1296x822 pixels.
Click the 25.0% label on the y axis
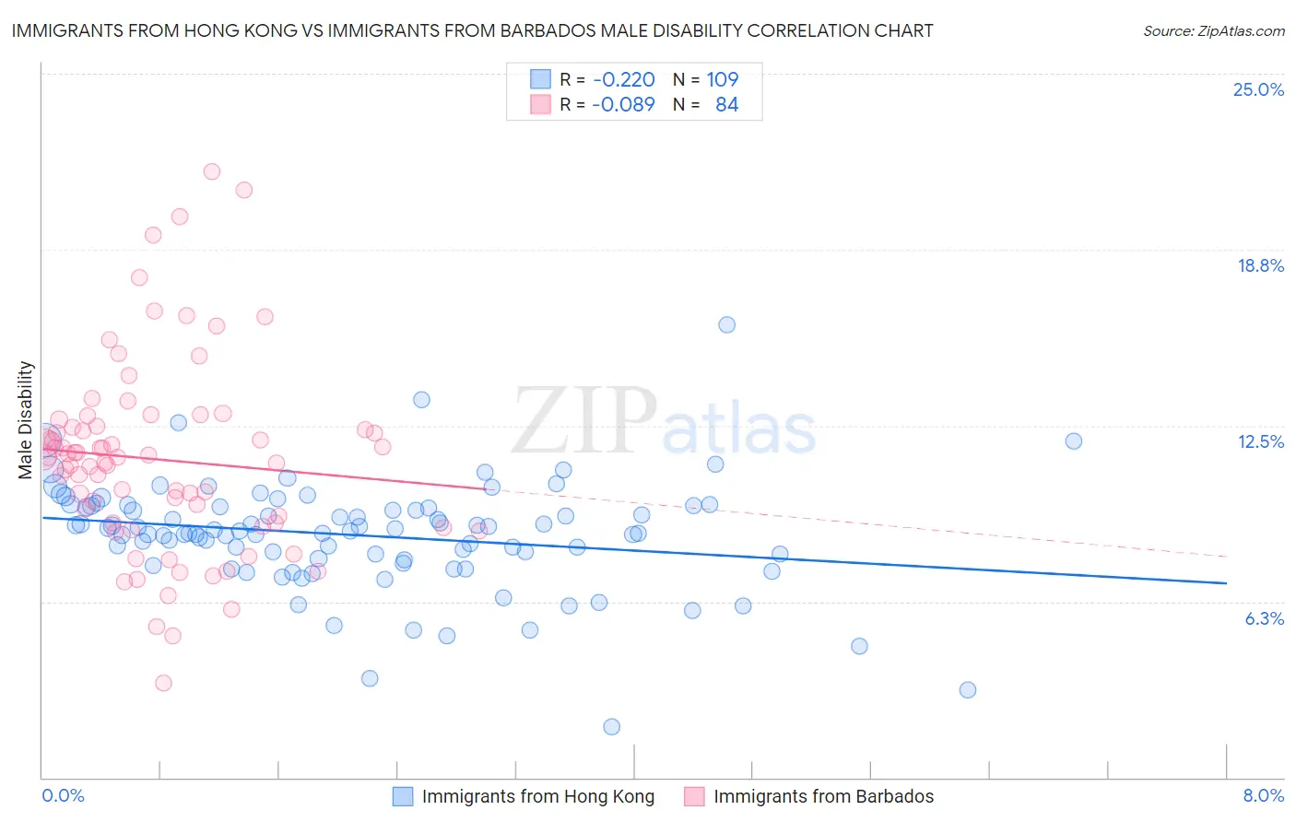[1258, 89]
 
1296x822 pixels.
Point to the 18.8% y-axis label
[1260, 265]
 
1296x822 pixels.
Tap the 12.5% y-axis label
[1260, 441]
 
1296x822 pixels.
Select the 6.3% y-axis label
[1264, 618]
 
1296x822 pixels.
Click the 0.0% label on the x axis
[63, 795]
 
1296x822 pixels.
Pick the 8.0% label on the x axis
[1263, 795]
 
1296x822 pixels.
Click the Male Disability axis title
[26, 419]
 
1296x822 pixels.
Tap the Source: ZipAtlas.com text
[1213, 31]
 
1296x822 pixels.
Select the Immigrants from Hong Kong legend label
[537, 796]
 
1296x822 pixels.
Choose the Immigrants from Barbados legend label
[823, 796]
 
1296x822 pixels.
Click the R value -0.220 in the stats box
[624, 79]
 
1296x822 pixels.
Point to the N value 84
[726, 104]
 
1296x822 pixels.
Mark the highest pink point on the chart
[212, 171]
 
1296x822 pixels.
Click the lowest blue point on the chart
[611, 727]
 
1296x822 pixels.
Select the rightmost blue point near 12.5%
[1073, 441]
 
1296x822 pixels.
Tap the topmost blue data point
[726, 324]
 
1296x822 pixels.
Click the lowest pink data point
[163, 683]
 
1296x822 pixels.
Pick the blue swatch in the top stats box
[540, 79]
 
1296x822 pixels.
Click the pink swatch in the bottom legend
[694, 796]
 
